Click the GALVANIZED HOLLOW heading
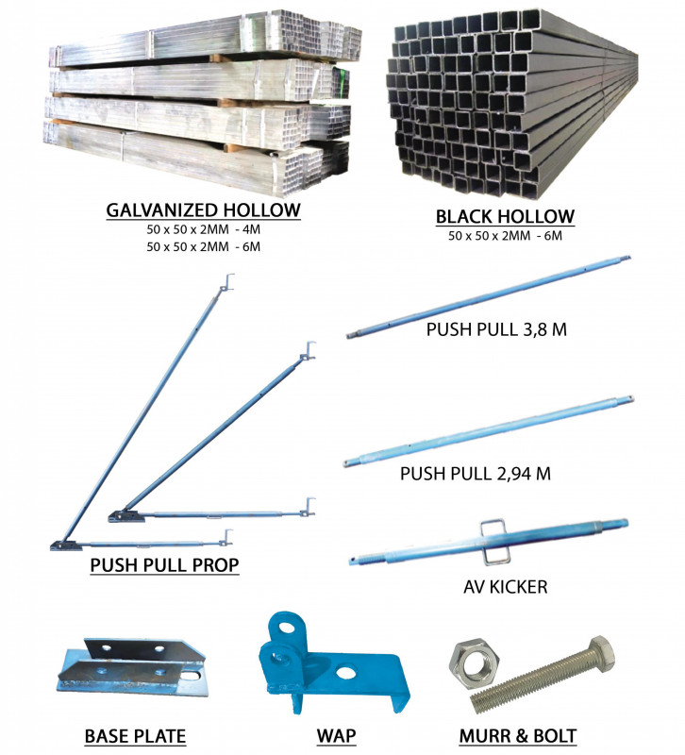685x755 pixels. pyautogui.click(x=203, y=210)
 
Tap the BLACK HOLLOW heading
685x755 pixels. pyautogui.click(x=505, y=217)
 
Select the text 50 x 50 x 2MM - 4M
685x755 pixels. pyautogui.click(x=203, y=229)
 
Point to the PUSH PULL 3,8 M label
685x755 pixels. pyautogui.click(x=496, y=329)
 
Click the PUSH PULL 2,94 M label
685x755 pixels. pyautogui.click(x=476, y=474)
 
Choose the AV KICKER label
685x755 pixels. pyautogui.click(x=506, y=587)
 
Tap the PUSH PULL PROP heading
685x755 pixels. pyautogui.click(x=164, y=564)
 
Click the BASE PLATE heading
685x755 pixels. pyautogui.click(x=135, y=736)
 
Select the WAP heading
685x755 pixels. pyautogui.click(x=336, y=736)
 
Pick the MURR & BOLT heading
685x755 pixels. pyautogui.click(x=518, y=736)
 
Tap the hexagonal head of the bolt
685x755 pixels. pyautogui.click(x=601, y=652)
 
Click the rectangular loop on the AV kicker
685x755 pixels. pyautogui.click(x=493, y=541)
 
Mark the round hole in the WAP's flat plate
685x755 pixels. pyautogui.click(x=345, y=672)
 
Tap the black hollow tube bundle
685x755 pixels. pyautogui.click(x=511, y=104)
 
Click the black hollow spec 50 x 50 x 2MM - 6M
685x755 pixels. pyautogui.click(x=505, y=236)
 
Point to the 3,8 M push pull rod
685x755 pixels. pyautogui.click(x=488, y=297)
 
